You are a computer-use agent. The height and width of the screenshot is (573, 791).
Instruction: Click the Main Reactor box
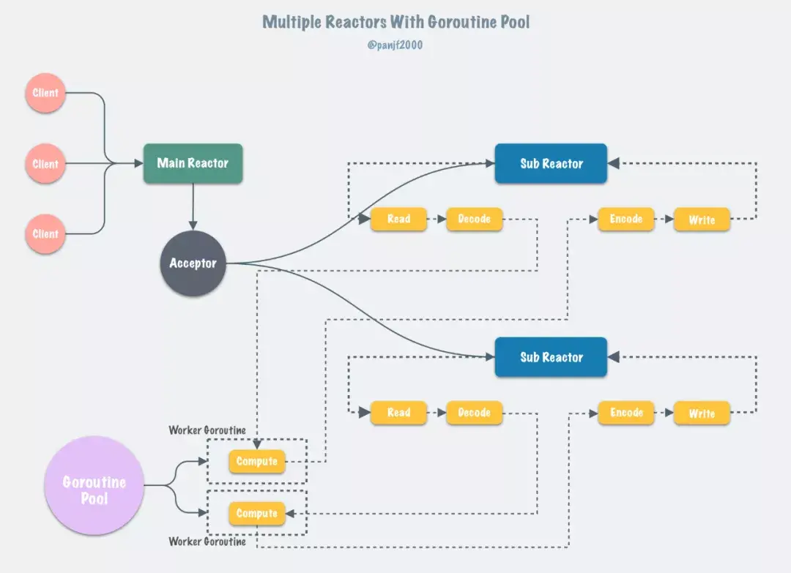[x=193, y=163]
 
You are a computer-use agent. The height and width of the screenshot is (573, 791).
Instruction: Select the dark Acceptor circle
[x=193, y=263]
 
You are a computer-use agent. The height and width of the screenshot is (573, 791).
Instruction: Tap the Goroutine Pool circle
[x=94, y=490]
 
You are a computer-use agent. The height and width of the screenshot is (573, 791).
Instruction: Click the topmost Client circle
[x=45, y=93]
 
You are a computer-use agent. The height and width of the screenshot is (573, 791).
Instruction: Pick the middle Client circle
[x=45, y=164]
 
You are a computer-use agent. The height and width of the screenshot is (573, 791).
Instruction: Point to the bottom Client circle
[x=45, y=234]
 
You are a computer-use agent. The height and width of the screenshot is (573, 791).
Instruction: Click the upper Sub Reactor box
[x=551, y=163]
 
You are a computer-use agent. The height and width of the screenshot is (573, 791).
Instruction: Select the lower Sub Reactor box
[x=551, y=357]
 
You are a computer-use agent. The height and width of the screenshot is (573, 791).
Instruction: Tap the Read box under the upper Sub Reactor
[x=398, y=219]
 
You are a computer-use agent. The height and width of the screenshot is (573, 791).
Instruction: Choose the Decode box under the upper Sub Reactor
[x=474, y=219]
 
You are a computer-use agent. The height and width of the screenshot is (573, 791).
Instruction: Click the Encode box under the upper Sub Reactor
[x=626, y=219]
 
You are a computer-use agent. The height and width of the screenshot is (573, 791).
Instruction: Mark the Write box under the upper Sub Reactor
[x=702, y=220]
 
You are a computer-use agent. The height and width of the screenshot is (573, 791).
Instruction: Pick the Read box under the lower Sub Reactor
[x=398, y=413]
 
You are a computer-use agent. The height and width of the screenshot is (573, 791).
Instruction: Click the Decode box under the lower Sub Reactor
[x=474, y=413]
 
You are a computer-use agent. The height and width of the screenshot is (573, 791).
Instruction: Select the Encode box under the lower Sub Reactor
[x=626, y=413]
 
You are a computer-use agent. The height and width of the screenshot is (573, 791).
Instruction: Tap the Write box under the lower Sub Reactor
[x=702, y=413]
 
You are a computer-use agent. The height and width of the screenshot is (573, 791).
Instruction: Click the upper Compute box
[x=256, y=462]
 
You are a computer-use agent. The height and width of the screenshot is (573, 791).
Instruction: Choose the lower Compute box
[x=256, y=514]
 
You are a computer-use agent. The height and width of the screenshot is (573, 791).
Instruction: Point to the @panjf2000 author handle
[x=395, y=45]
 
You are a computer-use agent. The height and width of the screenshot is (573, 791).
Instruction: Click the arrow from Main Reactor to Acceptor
[x=193, y=206]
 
